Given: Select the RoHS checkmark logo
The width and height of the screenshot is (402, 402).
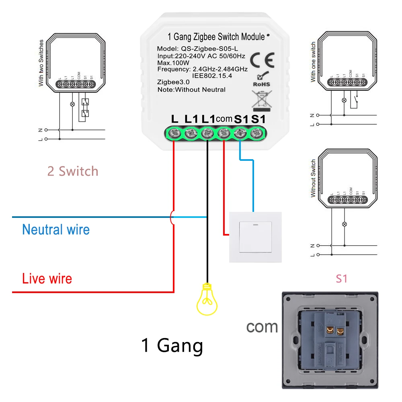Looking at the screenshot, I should (261, 79).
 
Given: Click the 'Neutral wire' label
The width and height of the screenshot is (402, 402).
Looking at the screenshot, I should (56, 230).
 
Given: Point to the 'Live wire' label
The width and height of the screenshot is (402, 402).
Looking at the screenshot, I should (47, 279).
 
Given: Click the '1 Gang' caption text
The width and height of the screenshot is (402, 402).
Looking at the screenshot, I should (172, 345).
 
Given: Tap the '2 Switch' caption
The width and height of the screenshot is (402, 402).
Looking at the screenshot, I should (73, 171).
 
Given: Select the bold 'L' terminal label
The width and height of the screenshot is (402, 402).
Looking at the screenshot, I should (174, 119).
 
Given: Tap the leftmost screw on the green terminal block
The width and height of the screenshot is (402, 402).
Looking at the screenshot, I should (175, 133).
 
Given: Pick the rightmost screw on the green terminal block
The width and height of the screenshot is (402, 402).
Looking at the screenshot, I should (256, 133).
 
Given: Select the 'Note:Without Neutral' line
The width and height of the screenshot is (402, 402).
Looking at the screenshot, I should (191, 90).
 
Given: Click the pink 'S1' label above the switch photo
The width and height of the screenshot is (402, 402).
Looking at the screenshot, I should (341, 279).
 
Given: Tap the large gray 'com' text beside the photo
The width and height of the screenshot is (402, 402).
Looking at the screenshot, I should (262, 326).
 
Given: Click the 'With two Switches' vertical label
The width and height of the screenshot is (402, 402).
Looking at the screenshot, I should (41, 63).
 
